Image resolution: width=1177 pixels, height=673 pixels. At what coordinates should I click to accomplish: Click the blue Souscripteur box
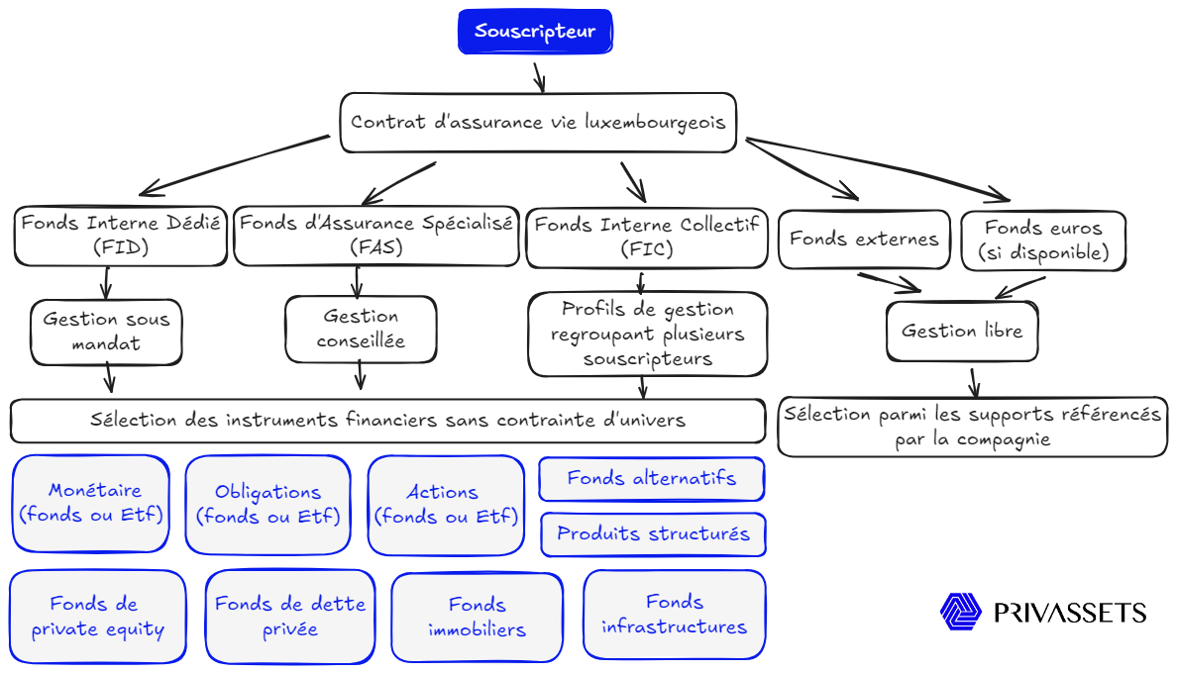pyautogui.click(x=535, y=32)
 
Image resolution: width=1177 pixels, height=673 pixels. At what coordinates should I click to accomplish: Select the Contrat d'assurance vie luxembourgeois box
pyautogui.click(x=538, y=123)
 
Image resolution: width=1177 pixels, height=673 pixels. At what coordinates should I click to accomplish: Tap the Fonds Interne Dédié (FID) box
pyautogui.click(x=120, y=236)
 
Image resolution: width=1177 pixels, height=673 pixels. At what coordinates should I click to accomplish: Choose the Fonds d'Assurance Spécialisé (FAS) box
pyautogui.click(x=376, y=236)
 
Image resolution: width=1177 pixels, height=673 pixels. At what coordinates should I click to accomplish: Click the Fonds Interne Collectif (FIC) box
pyautogui.click(x=646, y=238)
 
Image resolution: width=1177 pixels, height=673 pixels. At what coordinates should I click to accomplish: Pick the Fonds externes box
pyautogui.click(x=864, y=239)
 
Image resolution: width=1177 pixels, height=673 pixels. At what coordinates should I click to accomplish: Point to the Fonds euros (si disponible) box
pyautogui.click(x=1043, y=240)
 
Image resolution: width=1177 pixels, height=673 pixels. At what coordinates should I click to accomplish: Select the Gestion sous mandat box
pyautogui.click(x=106, y=332)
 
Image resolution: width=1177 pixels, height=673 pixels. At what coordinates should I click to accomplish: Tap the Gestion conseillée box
pyautogui.click(x=361, y=329)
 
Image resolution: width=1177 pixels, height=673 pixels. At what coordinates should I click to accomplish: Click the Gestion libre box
pyautogui.click(x=961, y=331)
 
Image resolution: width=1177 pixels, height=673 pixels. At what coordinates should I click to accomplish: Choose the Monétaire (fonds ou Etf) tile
pyautogui.click(x=94, y=503)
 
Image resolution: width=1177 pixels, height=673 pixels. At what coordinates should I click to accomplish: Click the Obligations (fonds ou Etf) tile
pyautogui.click(x=267, y=504)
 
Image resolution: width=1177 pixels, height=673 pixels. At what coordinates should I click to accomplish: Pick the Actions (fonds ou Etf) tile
pyautogui.click(x=446, y=505)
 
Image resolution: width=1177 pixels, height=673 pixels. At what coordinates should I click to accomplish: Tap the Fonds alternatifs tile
pyautogui.click(x=652, y=479)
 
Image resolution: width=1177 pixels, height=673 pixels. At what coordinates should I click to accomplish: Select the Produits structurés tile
pyautogui.click(x=653, y=534)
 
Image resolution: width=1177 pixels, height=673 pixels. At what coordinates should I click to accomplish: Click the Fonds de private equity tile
pyautogui.click(x=97, y=617)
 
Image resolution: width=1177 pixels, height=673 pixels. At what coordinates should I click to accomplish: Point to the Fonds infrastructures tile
pyautogui.click(x=675, y=615)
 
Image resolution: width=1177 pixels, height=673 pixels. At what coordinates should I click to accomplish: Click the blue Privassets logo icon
pyautogui.click(x=960, y=612)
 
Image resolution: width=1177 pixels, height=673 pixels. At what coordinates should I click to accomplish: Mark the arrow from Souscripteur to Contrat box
pyautogui.click(x=539, y=76)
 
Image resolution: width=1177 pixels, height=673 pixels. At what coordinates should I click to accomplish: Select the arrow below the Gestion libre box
pyautogui.click(x=974, y=381)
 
